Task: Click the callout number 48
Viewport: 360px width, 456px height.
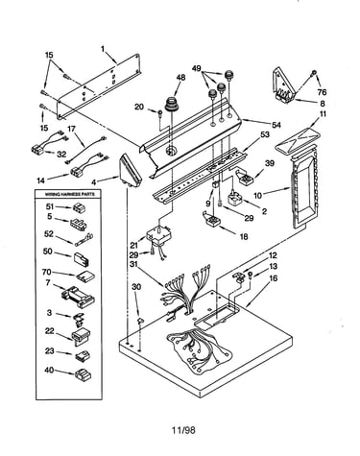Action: tap(180, 78)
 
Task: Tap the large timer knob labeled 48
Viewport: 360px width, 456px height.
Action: tap(171, 105)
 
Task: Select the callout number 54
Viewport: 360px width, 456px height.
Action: tap(276, 125)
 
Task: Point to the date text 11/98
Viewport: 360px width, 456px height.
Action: tap(183, 430)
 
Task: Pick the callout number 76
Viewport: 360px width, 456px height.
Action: tap(322, 92)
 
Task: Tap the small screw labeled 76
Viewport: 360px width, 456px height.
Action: tap(314, 73)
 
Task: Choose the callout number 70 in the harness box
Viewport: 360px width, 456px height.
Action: tap(47, 272)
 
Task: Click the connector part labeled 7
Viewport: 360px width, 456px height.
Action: tap(78, 297)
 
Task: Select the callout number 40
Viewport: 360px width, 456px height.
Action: tap(49, 371)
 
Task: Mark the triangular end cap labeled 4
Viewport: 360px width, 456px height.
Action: tap(131, 171)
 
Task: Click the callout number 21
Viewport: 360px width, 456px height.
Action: tap(133, 246)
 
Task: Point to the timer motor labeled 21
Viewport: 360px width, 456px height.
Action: tap(159, 236)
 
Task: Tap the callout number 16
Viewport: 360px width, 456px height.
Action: tap(273, 278)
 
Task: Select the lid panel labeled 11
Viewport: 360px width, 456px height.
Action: tap(298, 138)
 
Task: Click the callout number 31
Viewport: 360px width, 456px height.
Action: tap(134, 264)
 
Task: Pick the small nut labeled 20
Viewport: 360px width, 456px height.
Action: tap(159, 112)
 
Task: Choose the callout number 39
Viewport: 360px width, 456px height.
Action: tap(270, 163)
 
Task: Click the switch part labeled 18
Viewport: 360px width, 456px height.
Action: tap(211, 220)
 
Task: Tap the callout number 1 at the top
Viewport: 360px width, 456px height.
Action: tap(103, 49)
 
